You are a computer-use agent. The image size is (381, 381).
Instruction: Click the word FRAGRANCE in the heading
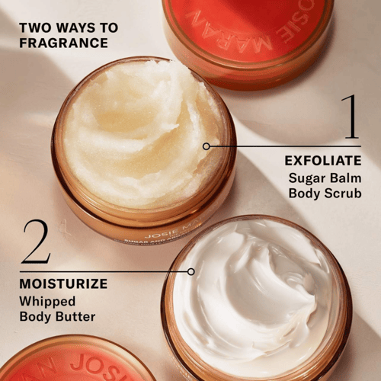64,43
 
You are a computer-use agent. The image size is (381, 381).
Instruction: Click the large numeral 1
349,117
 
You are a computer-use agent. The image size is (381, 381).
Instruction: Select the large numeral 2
36,242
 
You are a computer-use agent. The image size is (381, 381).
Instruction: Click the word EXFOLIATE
322,161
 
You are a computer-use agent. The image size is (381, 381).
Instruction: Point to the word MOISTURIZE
64,284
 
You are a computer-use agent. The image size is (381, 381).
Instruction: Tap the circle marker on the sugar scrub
207,146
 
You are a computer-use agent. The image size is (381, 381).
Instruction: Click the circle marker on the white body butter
190,271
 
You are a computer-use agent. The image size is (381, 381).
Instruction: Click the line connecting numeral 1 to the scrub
282,146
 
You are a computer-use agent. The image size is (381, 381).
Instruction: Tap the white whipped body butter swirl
251,293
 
